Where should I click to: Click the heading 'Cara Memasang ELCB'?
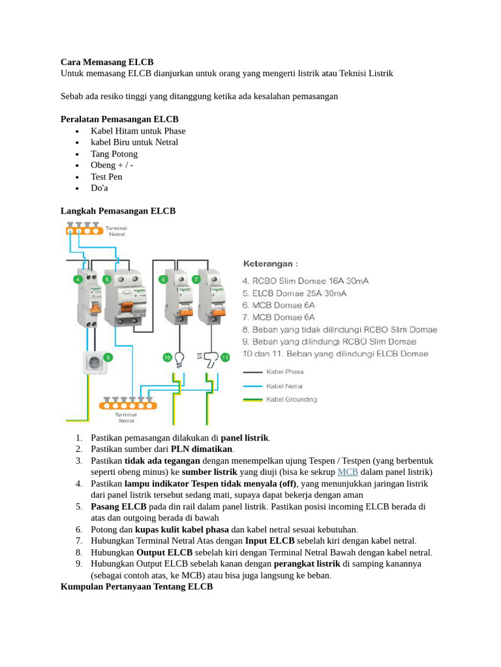pyautogui.click(x=107, y=62)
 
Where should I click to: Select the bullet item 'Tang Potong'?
pyautogui.click(x=114, y=154)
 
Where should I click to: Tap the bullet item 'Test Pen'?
pyautogui.click(x=106, y=177)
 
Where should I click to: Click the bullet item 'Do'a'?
pyautogui.click(x=99, y=188)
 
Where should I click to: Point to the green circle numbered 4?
pyautogui.click(x=78, y=279)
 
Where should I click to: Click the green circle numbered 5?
pyautogui.click(x=107, y=279)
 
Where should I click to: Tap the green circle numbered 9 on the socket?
pyautogui.click(x=108, y=356)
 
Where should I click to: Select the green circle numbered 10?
pyautogui.click(x=166, y=357)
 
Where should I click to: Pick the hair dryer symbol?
pyautogui.click(x=210, y=357)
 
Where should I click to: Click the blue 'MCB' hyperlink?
pyautogui.click(x=348, y=472)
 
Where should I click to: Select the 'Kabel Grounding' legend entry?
pyautogui.click(x=292, y=399)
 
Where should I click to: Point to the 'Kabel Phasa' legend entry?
pyautogui.click(x=285, y=372)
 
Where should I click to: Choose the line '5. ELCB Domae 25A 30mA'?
pyautogui.click(x=295, y=293)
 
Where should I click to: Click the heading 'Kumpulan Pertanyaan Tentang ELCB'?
pyautogui.click(x=136, y=587)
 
